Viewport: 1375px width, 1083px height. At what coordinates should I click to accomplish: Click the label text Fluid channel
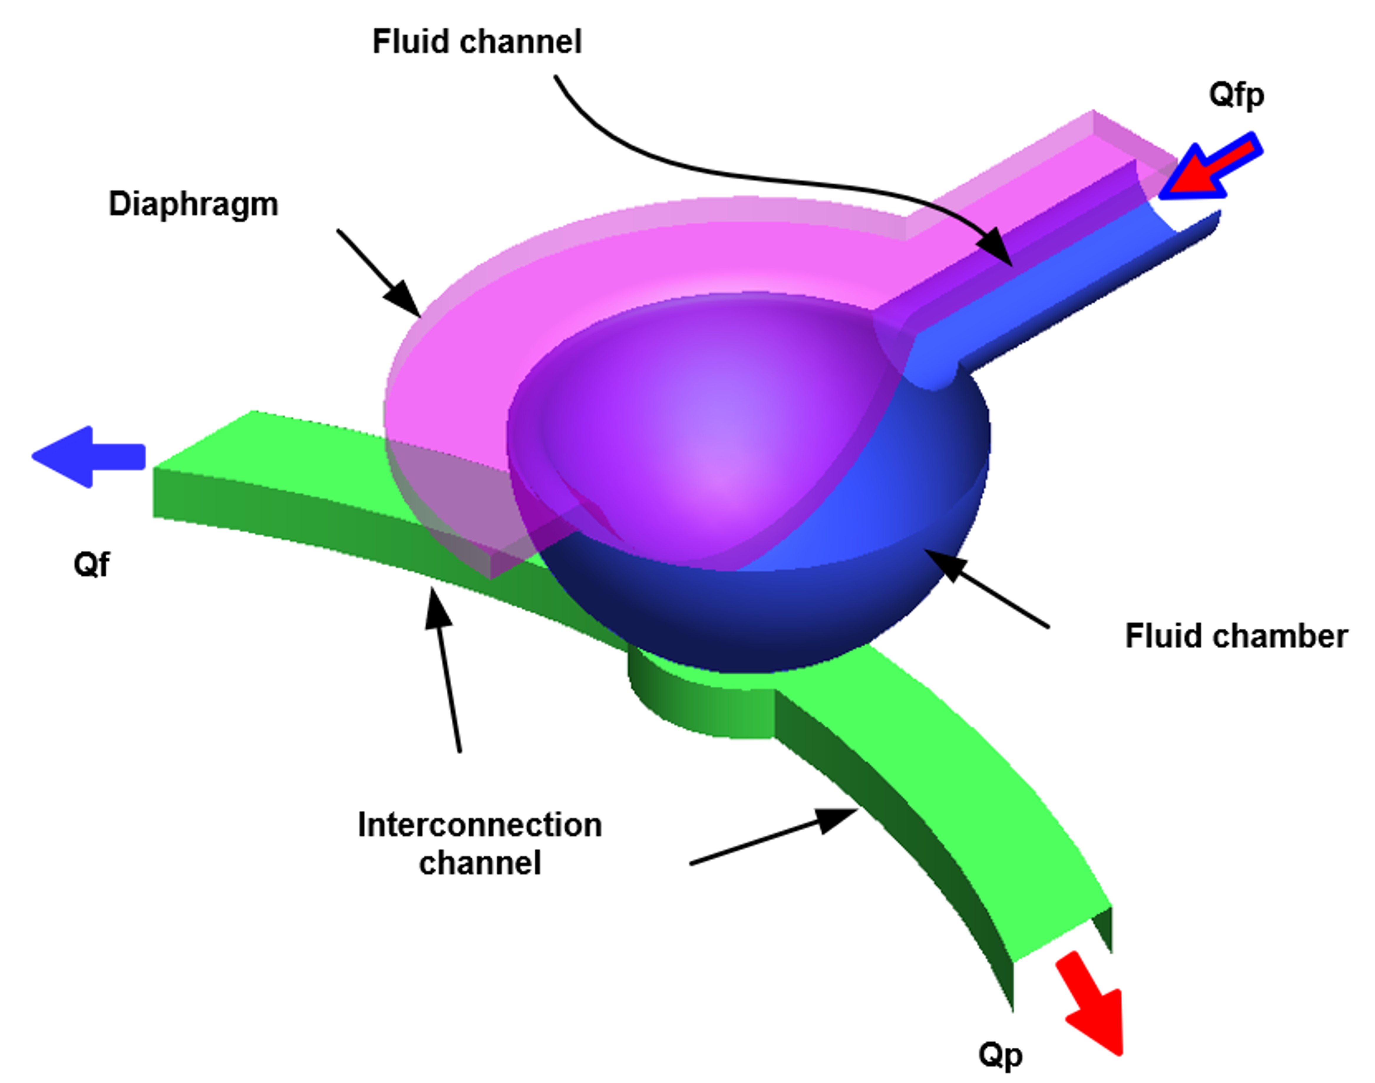pos(477,42)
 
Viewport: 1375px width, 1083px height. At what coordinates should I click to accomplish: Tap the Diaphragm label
pos(193,204)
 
